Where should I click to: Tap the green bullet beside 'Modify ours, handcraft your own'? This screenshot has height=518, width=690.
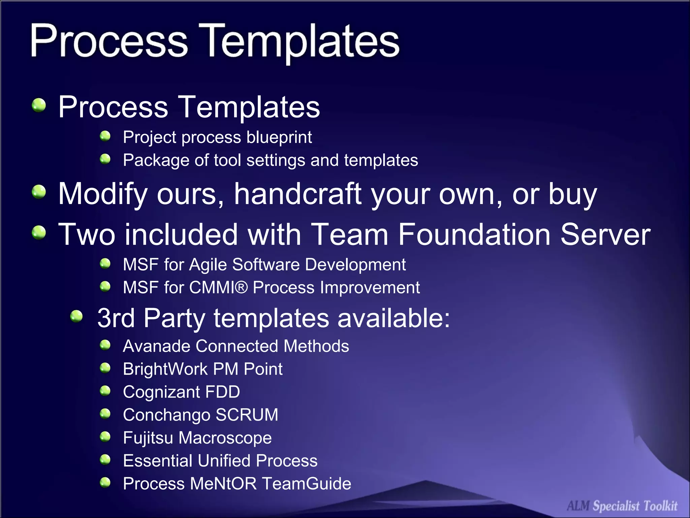39,192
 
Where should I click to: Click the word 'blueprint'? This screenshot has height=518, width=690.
279,137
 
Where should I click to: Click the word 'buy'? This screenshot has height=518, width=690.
572,195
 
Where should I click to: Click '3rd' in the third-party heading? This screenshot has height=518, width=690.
116,318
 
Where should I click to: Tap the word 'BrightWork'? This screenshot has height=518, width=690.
165,369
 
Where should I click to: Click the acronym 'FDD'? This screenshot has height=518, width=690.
222,392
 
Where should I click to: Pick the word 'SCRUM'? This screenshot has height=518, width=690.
247,415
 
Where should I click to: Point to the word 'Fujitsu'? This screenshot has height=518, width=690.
148,438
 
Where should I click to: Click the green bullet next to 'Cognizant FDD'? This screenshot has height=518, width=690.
105,391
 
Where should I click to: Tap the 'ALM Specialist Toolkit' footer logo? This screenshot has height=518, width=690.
622,506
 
